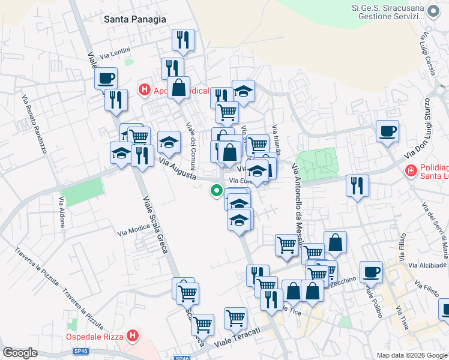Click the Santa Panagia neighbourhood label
pyautogui.click(x=134, y=19)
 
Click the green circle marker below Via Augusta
pyautogui.click(x=216, y=191)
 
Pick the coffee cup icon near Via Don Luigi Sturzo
pyautogui.click(x=387, y=131)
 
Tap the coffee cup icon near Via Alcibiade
pyautogui.click(x=371, y=272)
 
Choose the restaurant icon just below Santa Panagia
pyautogui.click(x=183, y=40)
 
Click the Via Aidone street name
pyautogui.click(x=62, y=211)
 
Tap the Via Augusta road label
pyautogui.click(x=179, y=169)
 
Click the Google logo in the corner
pyautogui.click(x=20, y=353)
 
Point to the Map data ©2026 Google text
pyautogui.click(x=411, y=355)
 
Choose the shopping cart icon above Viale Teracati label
pyautogui.click(x=235, y=318)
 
